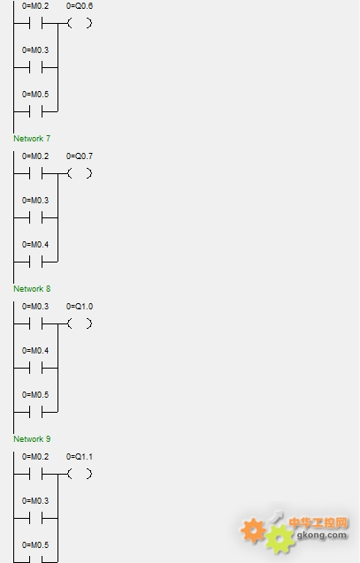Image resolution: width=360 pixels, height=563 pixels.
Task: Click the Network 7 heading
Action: [x=32, y=138]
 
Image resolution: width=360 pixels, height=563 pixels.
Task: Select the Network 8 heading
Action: [x=32, y=289]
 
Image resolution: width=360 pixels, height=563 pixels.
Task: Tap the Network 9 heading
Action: [x=32, y=438]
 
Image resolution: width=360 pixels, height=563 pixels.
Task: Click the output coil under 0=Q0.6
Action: [x=80, y=23]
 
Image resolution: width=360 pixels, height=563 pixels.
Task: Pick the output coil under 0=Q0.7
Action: [x=80, y=173]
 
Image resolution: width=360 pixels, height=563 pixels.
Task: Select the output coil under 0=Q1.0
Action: [x=80, y=323]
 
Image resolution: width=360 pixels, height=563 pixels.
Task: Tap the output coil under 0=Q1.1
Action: [x=80, y=474]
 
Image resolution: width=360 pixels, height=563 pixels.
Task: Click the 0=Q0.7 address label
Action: [x=80, y=156]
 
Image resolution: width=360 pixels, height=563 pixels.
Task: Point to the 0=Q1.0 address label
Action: [x=80, y=307]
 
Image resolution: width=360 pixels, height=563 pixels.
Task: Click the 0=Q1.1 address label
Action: [x=80, y=457]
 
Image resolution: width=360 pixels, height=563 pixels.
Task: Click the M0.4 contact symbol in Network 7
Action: [x=36, y=262]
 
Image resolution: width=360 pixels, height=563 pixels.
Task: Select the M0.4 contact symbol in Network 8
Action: [x=36, y=368]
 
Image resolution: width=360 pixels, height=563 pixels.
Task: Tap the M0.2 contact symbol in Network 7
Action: [x=36, y=174]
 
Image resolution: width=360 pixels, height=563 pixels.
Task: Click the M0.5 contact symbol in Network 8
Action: [x=36, y=412]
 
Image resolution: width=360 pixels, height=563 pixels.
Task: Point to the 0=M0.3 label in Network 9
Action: [x=35, y=501]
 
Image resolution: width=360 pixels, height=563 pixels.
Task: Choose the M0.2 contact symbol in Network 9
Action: [x=36, y=475]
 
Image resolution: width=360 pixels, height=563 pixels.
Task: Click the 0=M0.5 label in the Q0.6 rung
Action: [x=35, y=95]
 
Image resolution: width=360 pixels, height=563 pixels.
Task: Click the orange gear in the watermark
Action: [x=253, y=530]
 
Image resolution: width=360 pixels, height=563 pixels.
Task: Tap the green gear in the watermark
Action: [x=280, y=539]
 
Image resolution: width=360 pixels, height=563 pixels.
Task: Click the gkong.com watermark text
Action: [x=322, y=536]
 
